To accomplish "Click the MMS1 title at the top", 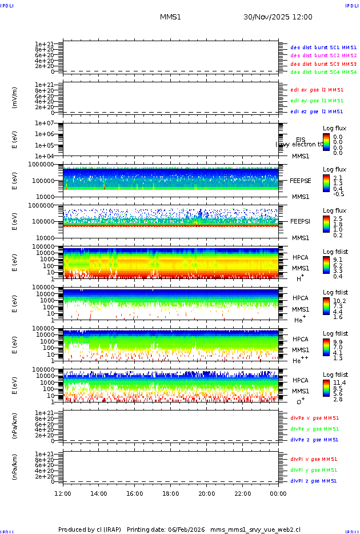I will point(170,17).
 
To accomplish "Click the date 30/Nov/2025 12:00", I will point(278,17).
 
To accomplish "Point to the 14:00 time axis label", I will point(99,493).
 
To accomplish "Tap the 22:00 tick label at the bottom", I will point(242,493).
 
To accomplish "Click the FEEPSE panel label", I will point(301,180).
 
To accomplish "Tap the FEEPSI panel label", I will point(301,221).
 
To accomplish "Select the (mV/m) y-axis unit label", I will point(15,98).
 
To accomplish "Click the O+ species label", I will point(301,401).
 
